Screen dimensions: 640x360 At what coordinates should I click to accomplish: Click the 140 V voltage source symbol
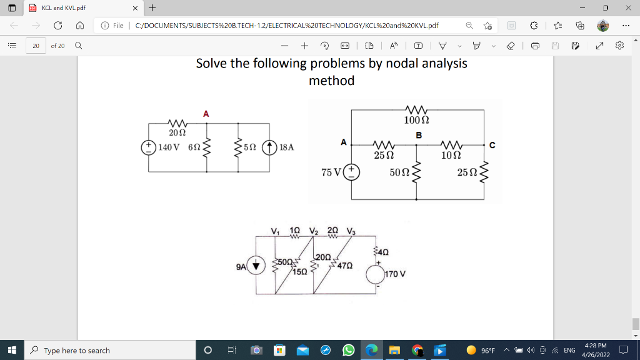click(149, 147)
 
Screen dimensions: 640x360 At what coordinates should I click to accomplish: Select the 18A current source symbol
click(269, 147)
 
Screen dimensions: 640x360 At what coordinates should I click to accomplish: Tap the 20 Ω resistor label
click(177, 132)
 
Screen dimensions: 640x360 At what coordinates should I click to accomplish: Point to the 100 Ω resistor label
click(416, 120)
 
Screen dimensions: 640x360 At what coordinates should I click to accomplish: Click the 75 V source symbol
click(351, 172)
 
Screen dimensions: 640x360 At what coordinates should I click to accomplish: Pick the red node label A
click(206, 114)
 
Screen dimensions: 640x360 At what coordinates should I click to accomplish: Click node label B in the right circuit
click(419, 135)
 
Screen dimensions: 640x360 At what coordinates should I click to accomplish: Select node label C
click(492, 145)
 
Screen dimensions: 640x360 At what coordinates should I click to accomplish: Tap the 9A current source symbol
click(256, 266)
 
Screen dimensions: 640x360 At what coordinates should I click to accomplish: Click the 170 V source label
click(395, 274)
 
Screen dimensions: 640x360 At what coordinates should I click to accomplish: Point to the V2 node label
click(314, 231)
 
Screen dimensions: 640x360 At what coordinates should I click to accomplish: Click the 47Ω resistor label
click(345, 266)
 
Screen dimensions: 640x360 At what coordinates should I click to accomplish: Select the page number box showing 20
click(36, 46)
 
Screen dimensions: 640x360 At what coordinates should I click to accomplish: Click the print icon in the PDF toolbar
click(536, 46)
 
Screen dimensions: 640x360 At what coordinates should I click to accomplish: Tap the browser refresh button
click(58, 25)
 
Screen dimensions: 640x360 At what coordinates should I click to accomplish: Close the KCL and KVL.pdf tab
click(135, 8)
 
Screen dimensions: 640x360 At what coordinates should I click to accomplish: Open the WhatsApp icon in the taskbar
click(348, 350)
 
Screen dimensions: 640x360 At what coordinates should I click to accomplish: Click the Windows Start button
click(12, 350)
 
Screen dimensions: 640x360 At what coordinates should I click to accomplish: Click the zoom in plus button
click(304, 46)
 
